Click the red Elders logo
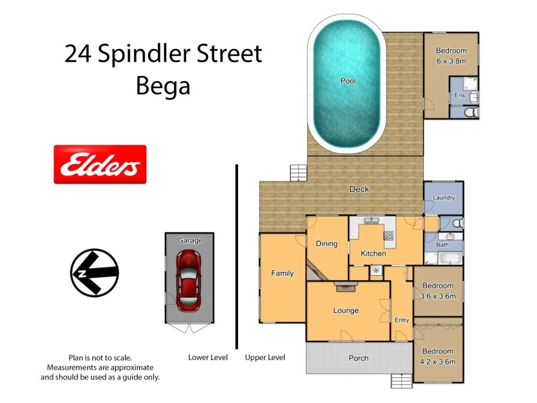(100, 164)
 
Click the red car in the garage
(188, 280)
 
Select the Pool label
(348, 81)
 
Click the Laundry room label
(444, 198)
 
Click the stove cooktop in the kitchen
(389, 236)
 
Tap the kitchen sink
(374, 221)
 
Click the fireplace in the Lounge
(345, 286)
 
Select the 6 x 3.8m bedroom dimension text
(451, 61)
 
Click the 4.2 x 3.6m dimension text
(438, 362)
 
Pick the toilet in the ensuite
(470, 112)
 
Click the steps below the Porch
(402, 381)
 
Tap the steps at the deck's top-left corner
(298, 173)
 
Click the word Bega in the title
(163, 86)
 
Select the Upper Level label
(265, 357)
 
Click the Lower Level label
(208, 357)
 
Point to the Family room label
(282, 273)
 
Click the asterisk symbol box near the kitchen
(376, 271)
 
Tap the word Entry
(402, 320)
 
